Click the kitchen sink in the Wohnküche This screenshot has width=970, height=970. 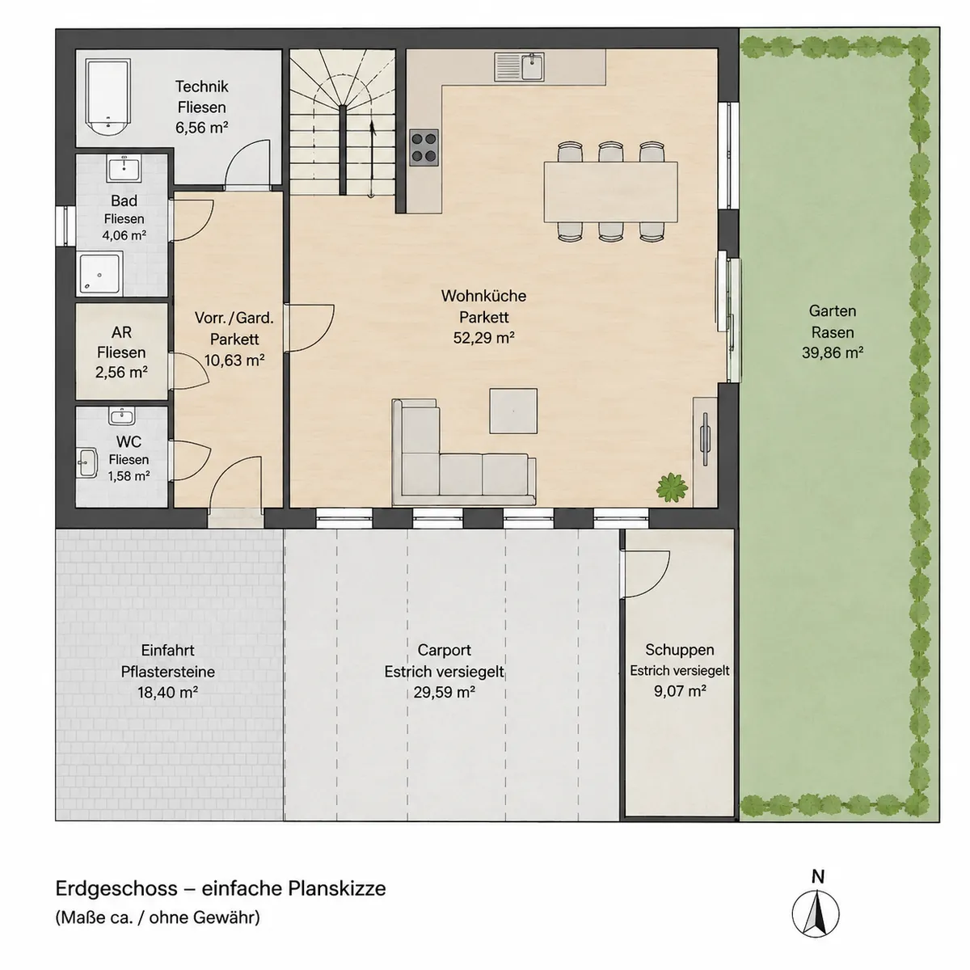click(520, 67)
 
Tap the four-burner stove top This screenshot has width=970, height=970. click(424, 147)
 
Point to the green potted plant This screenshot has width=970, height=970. click(672, 487)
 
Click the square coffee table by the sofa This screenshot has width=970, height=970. click(513, 411)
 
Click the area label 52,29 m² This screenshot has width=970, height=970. click(483, 338)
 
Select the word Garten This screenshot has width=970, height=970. click(833, 310)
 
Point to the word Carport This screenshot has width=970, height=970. click(445, 650)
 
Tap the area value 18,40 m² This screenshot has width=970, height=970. click(167, 692)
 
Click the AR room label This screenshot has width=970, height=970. click(121, 332)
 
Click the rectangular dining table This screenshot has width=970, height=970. click(610, 192)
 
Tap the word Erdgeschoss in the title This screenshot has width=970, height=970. click(116, 889)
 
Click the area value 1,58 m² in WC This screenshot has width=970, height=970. click(129, 475)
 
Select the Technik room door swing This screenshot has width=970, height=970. click(247, 162)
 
